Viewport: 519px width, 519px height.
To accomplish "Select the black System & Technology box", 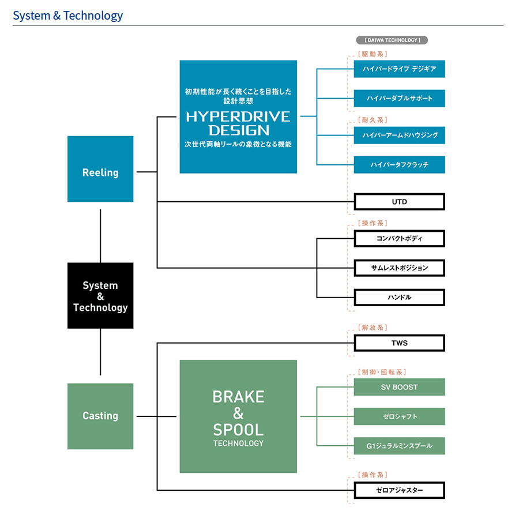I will pyautogui.click(x=100, y=296).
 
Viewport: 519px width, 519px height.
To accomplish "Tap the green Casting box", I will pyautogui.click(x=100, y=416).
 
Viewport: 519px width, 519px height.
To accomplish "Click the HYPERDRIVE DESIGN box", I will pyautogui.click(x=238, y=117).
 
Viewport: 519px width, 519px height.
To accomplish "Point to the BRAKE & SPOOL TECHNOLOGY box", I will pyautogui.click(x=238, y=416).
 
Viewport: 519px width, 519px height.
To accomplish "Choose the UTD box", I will pyautogui.click(x=399, y=202).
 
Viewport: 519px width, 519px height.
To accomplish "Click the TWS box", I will pyautogui.click(x=399, y=343).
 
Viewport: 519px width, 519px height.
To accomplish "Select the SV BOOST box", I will pyautogui.click(x=399, y=387).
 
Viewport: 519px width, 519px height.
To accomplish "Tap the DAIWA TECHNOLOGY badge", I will pyautogui.click(x=392, y=40).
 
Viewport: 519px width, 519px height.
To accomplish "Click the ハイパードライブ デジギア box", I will pyautogui.click(x=399, y=69).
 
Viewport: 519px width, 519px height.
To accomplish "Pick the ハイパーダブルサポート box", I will pyautogui.click(x=399, y=99).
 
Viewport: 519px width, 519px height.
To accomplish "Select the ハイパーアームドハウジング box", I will pyautogui.click(x=399, y=136).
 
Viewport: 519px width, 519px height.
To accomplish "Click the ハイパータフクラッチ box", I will pyautogui.click(x=399, y=165).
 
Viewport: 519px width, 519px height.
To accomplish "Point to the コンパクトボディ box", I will pyautogui.click(x=399, y=238).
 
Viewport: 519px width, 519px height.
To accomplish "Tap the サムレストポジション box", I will pyautogui.click(x=399, y=268).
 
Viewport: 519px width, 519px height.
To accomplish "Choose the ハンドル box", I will pyautogui.click(x=399, y=298).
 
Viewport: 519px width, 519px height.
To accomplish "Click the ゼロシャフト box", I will pyautogui.click(x=399, y=416).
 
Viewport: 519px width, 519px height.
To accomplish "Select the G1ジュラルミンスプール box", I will pyautogui.click(x=399, y=446).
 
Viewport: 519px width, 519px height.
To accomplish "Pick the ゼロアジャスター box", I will pyautogui.click(x=399, y=491).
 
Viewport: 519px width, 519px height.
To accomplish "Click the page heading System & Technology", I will pyautogui.click(x=68, y=16).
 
